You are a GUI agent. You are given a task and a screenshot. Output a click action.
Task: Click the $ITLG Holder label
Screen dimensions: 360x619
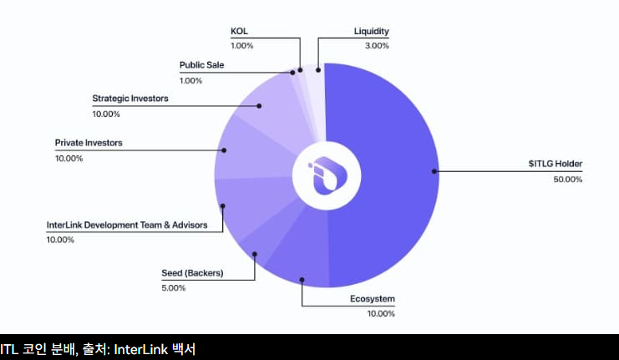click(x=555, y=164)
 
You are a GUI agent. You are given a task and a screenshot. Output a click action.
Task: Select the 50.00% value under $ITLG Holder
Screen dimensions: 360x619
click(x=567, y=180)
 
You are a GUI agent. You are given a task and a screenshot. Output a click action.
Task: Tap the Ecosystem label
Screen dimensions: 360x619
click(x=372, y=298)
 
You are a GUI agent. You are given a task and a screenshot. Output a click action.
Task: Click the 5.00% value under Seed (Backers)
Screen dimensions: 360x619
click(x=174, y=288)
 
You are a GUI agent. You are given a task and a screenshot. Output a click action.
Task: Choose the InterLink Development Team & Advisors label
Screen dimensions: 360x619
click(x=127, y=225)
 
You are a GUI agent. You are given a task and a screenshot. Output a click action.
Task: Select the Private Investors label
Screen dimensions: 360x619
click(x=89, y=143)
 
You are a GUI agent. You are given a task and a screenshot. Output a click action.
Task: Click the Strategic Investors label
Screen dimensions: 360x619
click(x=130, y=98)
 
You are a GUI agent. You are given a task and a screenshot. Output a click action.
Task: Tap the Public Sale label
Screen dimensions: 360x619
click(x=202, y=64)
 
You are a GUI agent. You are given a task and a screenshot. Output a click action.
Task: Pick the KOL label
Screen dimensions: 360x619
click(x=240, y=32)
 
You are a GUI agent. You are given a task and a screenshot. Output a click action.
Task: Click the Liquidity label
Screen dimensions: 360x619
click(x=372, y=32)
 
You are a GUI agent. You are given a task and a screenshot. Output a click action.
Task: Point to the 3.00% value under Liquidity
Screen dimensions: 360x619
click(x=377, y=47)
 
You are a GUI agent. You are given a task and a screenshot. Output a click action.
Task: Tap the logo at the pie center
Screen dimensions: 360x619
click(x=326, y=175)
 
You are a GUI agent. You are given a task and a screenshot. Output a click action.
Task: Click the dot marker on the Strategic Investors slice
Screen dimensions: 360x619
click(x=260, y=106)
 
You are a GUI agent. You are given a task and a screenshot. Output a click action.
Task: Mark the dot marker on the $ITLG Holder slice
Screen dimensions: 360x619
click(x=434, y=172)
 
